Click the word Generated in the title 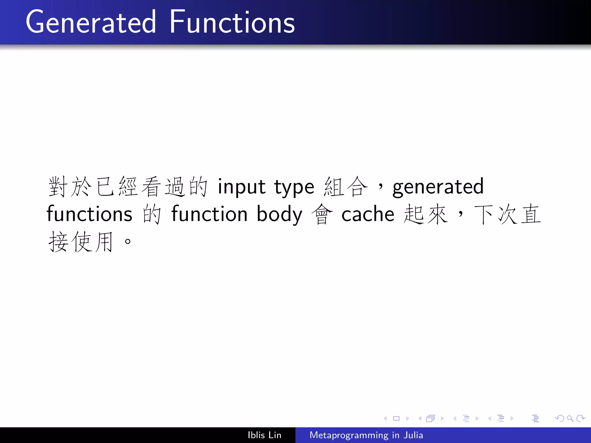pos(91,22)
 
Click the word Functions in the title pos(232,22)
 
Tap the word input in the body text pos(241,187)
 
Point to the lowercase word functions pos(89,214)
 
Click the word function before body pos(209,214)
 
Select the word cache pos(368,214)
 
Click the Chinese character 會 pos(322,214)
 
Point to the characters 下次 pos(496,214)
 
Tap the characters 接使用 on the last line pos(81,242)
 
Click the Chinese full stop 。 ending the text pos(128,241)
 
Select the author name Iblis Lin pos(264,435)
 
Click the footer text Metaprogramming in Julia pos(366,435)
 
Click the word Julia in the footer pos(413,435)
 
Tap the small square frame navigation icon pos(396,418)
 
